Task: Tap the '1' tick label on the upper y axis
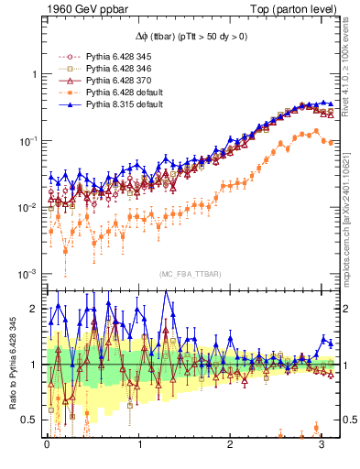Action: tap(35, 74)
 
